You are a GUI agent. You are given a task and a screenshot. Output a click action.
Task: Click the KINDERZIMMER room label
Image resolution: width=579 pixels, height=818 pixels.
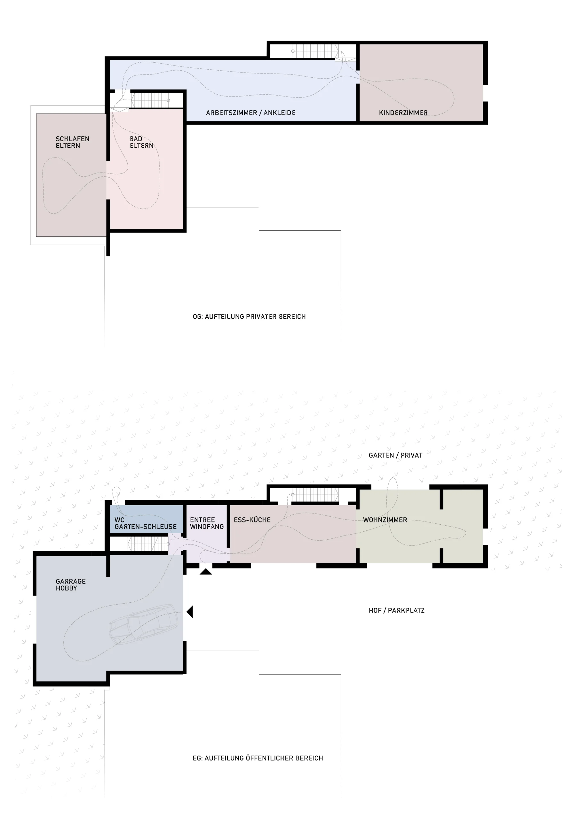(x=403, y=113)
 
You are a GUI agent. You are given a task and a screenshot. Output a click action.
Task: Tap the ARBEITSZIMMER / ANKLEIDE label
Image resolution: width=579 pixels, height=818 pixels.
(x=250, y=113)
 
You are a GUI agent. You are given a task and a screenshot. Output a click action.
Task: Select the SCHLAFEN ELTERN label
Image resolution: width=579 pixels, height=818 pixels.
(x=72, y=142)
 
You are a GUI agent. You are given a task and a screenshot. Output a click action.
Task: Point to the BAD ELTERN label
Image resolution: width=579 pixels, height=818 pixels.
(x=141, y=142)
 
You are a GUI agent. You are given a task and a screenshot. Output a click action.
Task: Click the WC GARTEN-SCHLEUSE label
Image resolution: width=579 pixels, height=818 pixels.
(x=146, y=523)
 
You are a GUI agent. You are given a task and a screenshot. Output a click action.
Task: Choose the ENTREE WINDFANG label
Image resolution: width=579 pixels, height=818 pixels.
(x=207, y=523)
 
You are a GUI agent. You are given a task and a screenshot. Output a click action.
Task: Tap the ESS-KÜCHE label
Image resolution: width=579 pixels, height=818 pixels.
(x=252, y=520)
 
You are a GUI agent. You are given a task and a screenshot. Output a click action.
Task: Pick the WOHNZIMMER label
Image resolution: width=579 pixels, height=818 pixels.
(x=385, y=520)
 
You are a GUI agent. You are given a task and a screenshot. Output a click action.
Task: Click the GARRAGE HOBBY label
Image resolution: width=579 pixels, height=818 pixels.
(x=71, y=585)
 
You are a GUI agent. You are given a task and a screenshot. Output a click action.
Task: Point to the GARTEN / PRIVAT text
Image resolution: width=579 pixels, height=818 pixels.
(x=396, y=455)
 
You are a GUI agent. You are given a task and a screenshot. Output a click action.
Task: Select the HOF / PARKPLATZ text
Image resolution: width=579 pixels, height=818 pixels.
(x=397, y=610)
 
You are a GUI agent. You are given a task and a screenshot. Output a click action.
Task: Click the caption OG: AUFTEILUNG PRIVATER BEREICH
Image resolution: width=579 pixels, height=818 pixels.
(x=249, y=316)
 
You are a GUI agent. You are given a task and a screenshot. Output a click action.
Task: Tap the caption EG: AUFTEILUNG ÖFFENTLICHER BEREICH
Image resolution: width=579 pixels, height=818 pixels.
(x=258, y=758)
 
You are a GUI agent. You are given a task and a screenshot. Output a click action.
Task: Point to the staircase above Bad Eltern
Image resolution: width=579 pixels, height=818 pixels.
(x=151, y=100)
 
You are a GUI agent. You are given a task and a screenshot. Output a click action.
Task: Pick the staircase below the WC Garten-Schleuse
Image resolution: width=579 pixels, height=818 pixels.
(x=148, y=544)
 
